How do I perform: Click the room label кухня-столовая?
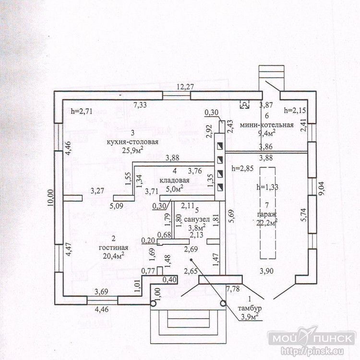(x=132, y=142)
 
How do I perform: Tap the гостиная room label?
(x=113, y=248)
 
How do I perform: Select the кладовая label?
(x=175, y=180)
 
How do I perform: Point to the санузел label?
(x=197, y=219)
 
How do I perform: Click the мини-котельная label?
(x=266, y=125)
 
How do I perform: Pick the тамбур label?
(x=250, y=308)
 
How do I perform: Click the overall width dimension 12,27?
(x=185, y=87)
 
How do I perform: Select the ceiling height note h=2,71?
(x=82, y=111)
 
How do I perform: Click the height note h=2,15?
(x=295, y=110)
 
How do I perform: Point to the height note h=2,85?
(x=243, y=168)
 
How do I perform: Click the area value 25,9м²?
(x=132, y=150)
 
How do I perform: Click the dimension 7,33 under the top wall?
(x=140, y=105)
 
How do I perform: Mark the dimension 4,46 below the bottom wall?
(x=102, y=309)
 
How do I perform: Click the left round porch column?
(x=153, y=303)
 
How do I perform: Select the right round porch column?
(x=223, y=303)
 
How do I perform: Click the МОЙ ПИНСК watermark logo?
(x=312, y=338)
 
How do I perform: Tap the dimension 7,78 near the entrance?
(x=233, y=288)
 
